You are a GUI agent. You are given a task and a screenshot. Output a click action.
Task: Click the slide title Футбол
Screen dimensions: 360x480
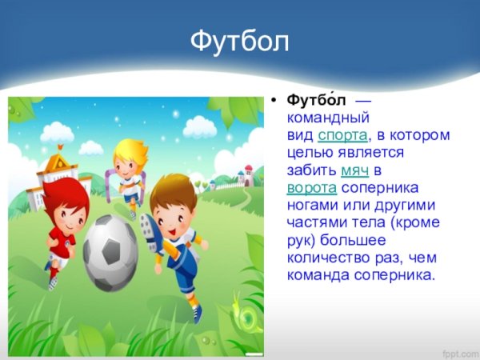[x=239, y=41]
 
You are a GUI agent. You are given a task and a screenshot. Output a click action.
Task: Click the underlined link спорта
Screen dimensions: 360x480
[x=343, y=135]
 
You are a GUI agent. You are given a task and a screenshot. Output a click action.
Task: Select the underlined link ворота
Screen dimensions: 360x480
[x=312, y=187]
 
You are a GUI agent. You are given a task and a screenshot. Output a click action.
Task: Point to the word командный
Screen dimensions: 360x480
[x=327, y=118]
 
